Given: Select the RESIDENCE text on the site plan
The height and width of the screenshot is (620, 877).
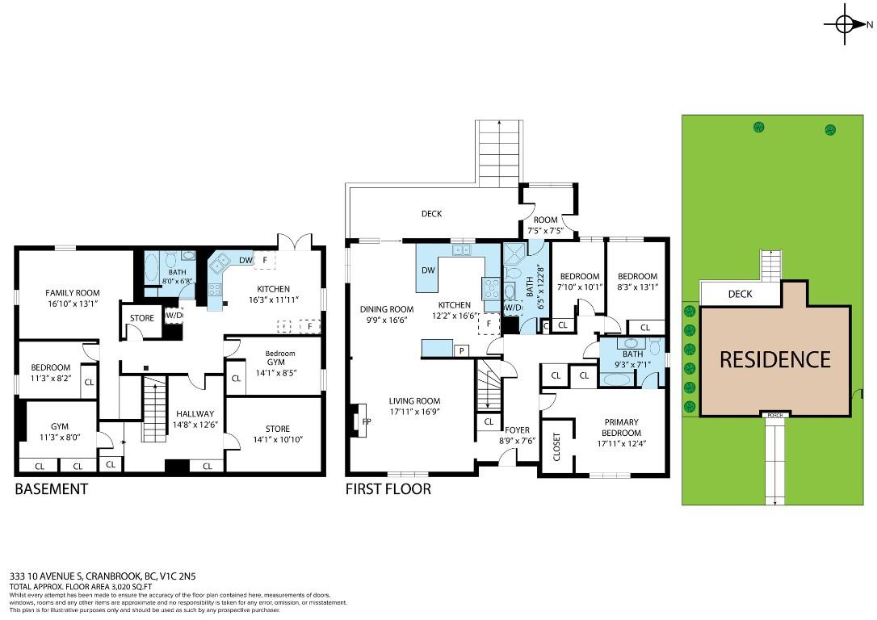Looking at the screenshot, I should (x=774, y=358).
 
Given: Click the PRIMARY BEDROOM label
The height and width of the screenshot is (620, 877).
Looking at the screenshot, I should (x=620, y=427).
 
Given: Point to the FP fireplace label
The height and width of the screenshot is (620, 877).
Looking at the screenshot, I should (x=367, y=421).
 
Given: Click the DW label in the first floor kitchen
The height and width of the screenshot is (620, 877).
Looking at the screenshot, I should (x=429, y=271).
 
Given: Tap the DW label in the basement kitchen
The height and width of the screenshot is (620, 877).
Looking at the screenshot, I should (x=245, y=260).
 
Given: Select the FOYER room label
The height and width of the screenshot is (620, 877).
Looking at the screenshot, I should (x=517, y=430).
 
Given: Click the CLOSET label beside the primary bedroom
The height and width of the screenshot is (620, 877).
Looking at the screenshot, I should (x=556, y=446).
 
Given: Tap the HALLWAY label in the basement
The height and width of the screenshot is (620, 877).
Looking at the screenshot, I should (x=194, y=414).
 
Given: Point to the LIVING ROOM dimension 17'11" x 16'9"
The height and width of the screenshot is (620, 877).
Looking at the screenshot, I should (x=414, y=412).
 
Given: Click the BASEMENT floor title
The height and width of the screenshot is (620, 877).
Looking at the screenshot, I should (x=52, y=489).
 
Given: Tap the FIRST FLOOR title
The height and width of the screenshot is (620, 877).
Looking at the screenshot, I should (x=388, y=489).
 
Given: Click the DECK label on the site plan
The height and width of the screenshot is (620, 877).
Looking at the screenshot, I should (x=740, y=294).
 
